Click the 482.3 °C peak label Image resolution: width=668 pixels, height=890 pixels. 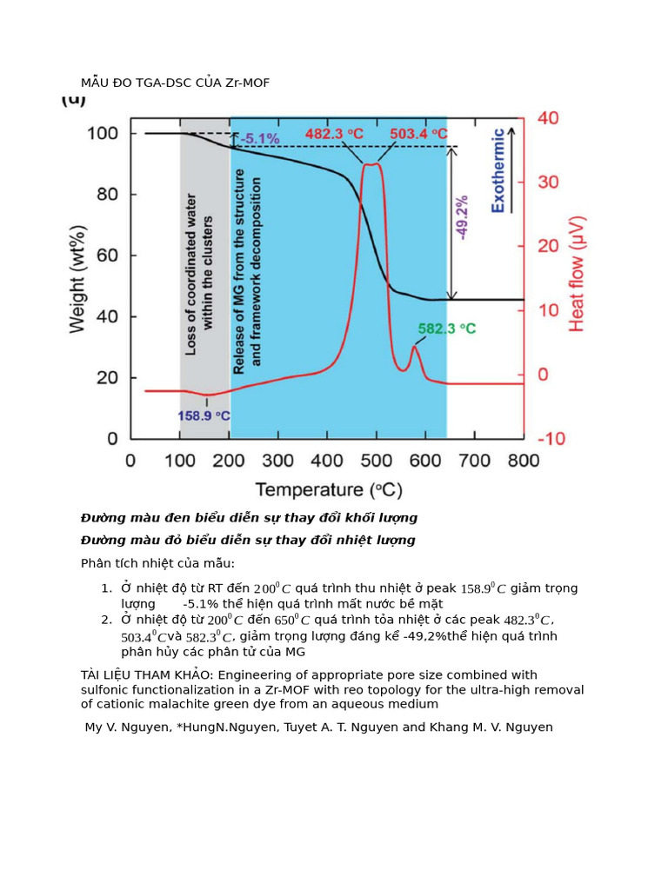[335, 134]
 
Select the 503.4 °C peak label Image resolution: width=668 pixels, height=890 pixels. [419, 134]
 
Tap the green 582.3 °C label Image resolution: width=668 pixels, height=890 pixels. [447, 329]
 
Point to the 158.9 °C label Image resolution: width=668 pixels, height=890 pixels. [204, 415]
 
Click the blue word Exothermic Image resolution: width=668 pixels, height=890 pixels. [498, 170]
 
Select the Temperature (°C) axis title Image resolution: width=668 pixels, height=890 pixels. [328, 489]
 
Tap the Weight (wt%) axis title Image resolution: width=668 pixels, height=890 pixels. [77, 277]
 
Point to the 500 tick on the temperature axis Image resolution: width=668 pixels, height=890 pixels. [376, 460]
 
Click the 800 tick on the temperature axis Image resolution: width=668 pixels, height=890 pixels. [524, 460]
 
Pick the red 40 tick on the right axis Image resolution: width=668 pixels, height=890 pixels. [549, 118]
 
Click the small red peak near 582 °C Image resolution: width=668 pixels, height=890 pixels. [415, 349]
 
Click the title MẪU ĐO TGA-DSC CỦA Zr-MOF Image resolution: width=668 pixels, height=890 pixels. [181, 83]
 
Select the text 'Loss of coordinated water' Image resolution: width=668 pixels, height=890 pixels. [191, 274]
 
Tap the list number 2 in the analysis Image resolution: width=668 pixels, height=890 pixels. [106, 620]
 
